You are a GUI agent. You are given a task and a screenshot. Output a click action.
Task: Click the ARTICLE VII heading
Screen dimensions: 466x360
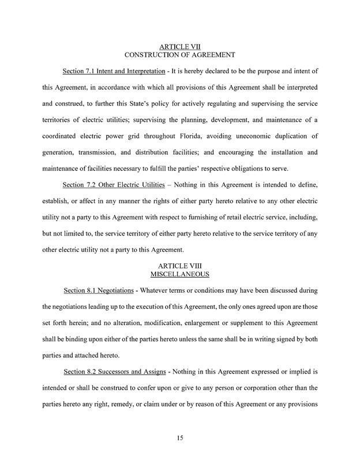point(179,46)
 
